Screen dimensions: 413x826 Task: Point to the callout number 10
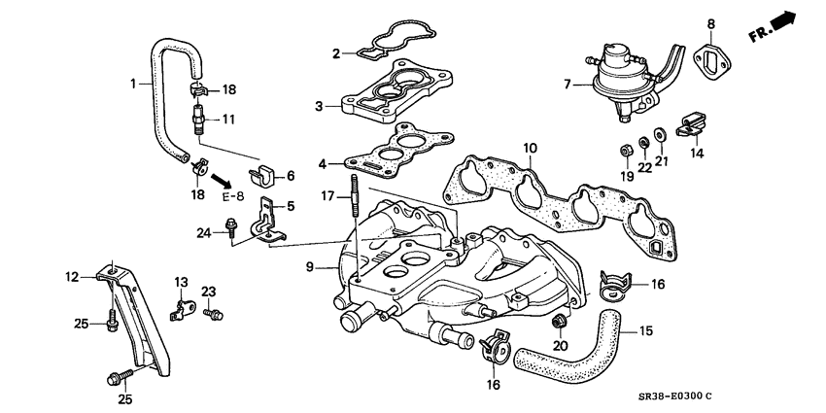(x=529, y=149)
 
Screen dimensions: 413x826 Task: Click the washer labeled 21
(x=659, y=132)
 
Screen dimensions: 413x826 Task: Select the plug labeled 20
(x=559, y=322)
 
